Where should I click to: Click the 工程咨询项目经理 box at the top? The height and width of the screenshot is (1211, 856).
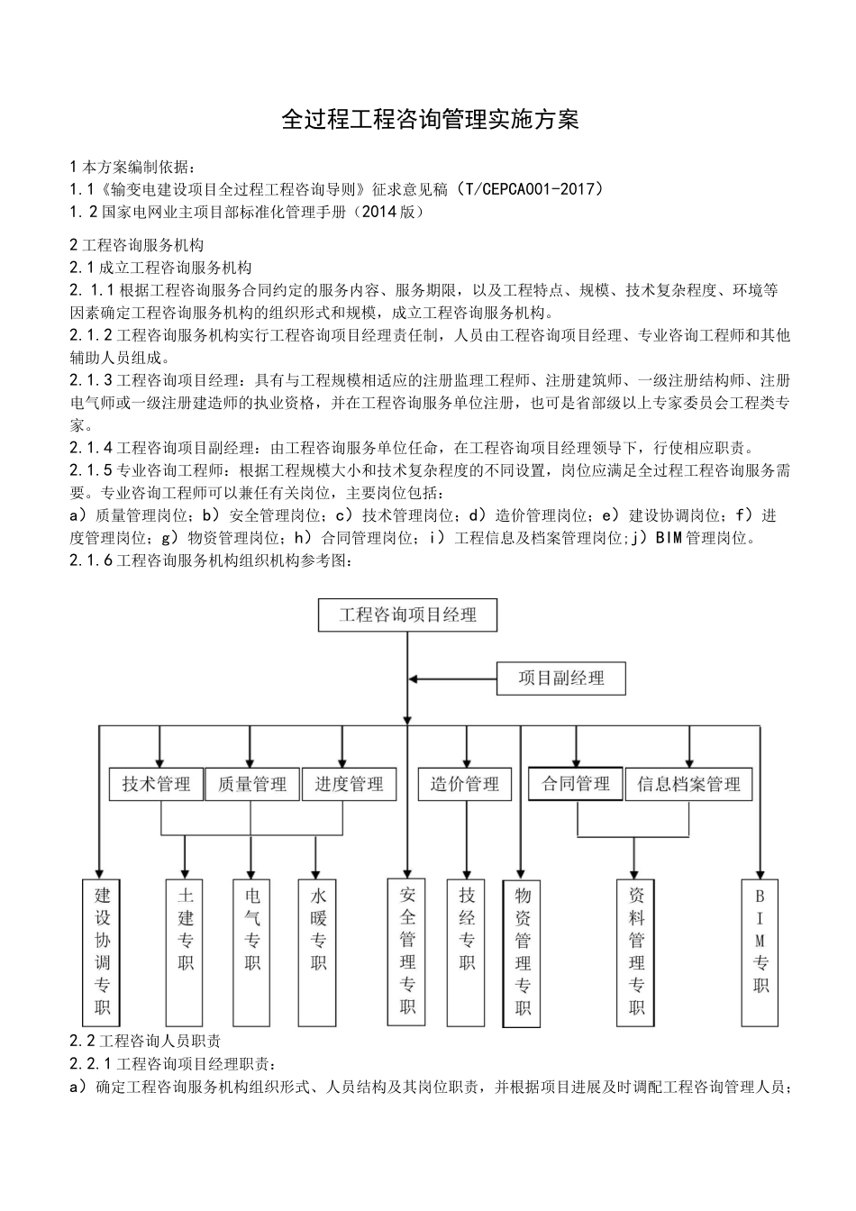point(407,615)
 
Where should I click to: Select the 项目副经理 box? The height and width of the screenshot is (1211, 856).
point(560,678)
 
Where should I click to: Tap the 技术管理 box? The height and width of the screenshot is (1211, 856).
point(157,784)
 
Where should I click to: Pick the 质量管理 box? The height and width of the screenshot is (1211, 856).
point(252,784)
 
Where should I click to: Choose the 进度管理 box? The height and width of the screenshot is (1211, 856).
point(349,784)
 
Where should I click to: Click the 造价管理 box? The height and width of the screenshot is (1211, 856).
point(464,784)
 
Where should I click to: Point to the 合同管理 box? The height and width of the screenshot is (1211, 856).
point(576,783)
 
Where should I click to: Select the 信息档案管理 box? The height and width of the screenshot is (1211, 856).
point(688,784)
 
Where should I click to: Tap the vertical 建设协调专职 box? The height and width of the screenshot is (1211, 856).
point(103,951)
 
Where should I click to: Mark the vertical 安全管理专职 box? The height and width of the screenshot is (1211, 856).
point(407,951)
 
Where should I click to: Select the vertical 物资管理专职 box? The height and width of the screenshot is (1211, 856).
point(522,951)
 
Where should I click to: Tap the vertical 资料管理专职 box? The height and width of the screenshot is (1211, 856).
point(637,951)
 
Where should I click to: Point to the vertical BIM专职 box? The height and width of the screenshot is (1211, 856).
point(760,951)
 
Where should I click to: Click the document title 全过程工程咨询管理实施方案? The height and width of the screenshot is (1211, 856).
point(430,120)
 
